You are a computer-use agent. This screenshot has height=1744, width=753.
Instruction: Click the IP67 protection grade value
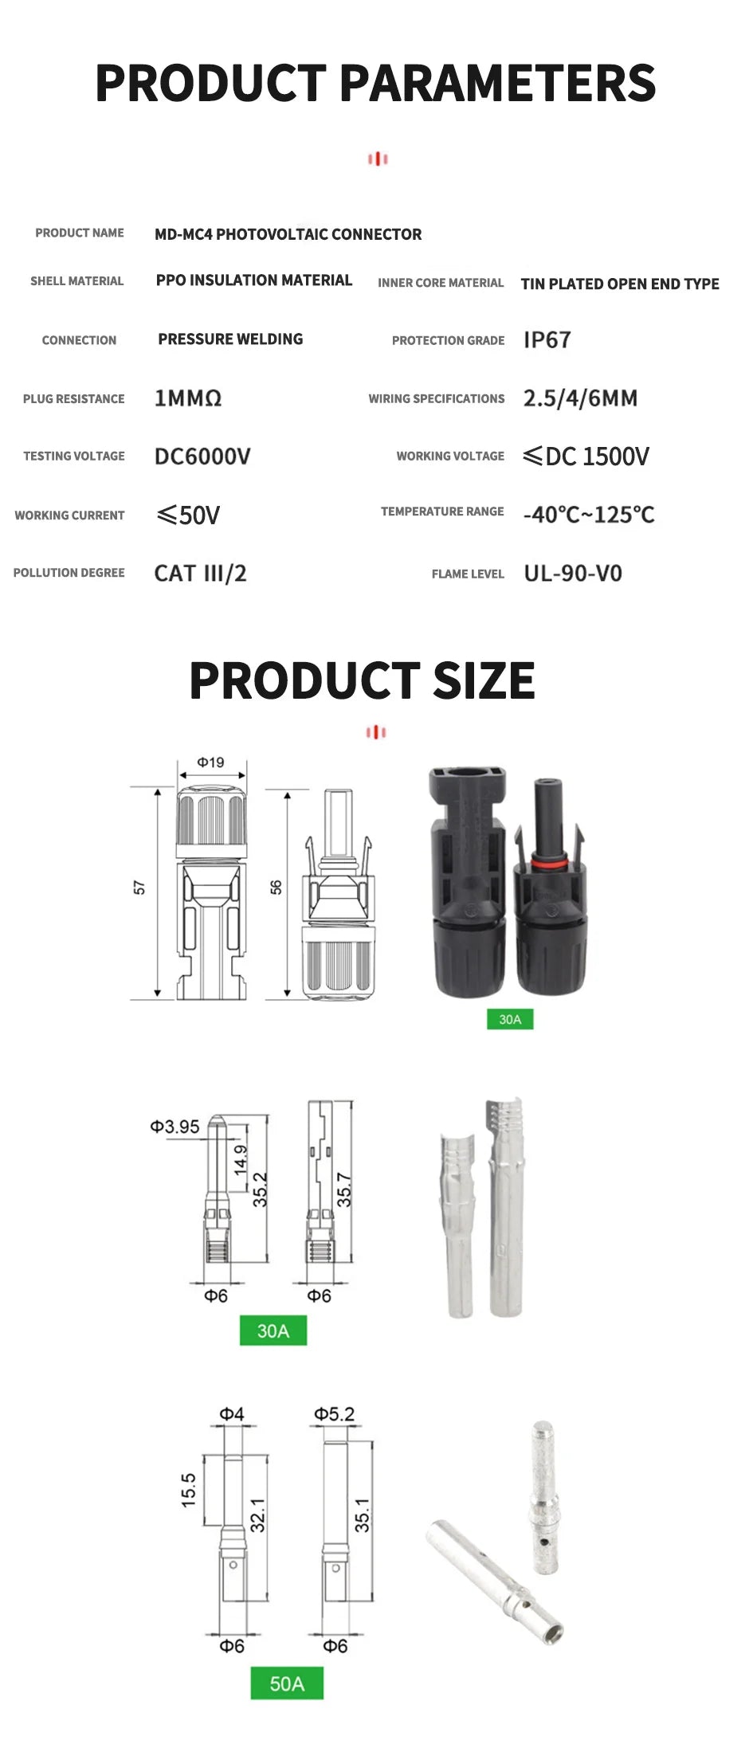pos(547,340)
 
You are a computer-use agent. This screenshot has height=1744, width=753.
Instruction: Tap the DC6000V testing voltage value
pos(202,457)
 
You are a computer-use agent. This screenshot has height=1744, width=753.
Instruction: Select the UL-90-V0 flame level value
pos(572,574)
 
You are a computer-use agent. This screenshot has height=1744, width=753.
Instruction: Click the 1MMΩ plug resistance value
pos(188,398)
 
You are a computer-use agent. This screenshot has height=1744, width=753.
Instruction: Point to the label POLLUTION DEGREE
pos(69,573)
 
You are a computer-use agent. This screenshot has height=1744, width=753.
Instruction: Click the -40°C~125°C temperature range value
pos(588,515)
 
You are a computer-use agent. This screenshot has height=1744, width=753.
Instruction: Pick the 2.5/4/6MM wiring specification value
pos(579,398)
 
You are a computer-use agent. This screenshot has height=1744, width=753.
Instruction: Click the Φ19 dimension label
pos(211,762)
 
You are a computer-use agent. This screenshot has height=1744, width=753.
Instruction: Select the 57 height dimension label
pos(140,888)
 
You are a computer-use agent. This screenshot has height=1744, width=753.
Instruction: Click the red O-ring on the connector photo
pos(549,861)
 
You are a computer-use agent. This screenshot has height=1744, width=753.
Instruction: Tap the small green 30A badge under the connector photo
pos(510,1019)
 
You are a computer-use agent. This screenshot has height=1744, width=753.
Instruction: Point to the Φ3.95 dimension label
pos(175,1127)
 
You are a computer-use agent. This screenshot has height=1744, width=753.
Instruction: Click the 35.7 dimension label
pos(344,1189)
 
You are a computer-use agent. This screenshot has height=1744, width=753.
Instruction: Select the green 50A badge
pos(287,1683)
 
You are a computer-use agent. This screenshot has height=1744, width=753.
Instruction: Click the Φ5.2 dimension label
pos(334,1414)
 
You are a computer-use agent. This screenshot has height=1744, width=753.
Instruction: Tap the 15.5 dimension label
pos(188,1489)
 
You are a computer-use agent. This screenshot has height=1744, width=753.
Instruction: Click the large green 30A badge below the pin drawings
pos(273,1331)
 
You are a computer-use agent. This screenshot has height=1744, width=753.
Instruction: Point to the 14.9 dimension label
pos(241,1161)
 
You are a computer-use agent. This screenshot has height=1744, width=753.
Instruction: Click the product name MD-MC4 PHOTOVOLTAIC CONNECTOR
pos(288,234)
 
